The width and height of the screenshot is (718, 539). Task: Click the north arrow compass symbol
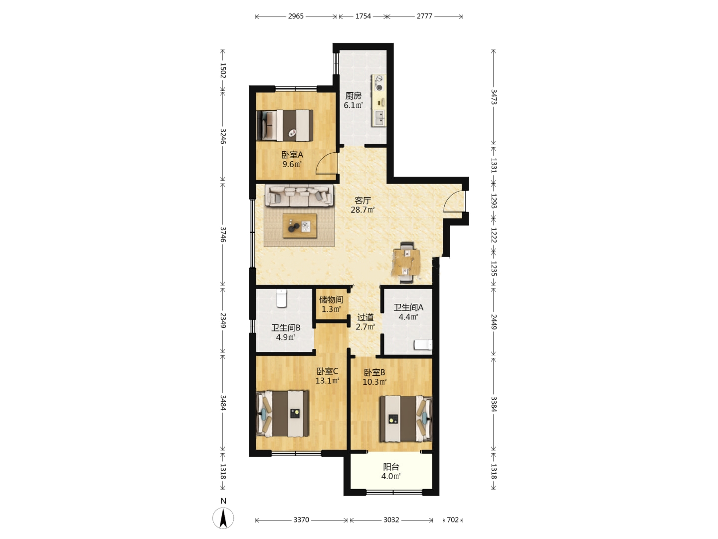(223, 518)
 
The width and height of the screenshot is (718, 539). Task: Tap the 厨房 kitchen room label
(354, 96)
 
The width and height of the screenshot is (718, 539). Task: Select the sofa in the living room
(299, 195)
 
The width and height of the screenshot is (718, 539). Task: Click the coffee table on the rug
(300, 226)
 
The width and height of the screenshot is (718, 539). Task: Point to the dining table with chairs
(406, 262)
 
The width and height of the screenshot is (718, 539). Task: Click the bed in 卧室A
(285, 126)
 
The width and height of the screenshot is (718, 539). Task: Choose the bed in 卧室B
(405, 419)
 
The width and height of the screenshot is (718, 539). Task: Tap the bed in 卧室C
(283, 413)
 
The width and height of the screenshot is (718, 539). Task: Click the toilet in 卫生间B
(281, 298)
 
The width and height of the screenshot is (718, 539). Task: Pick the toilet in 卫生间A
(423, 345)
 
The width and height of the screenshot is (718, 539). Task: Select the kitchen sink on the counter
(379, 118)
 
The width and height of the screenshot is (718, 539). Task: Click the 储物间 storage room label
(331, 299)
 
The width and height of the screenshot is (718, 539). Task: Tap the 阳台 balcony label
(391, 467)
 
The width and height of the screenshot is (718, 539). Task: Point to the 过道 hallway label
(365, 317)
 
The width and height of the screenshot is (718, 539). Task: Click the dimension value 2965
(296, 16)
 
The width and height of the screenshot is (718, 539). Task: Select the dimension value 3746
(223, 235)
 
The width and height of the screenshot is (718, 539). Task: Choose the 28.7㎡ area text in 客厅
(362, 210)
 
